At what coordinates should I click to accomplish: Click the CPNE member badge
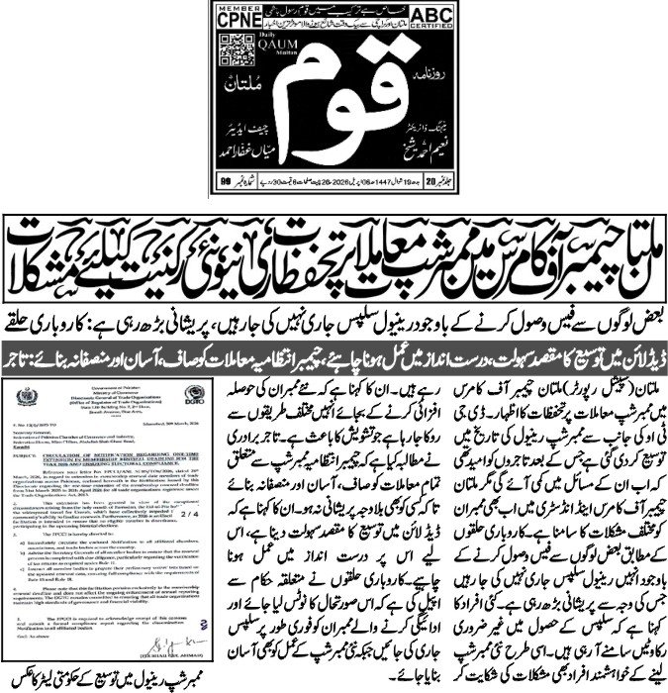[x=237, y=23]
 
